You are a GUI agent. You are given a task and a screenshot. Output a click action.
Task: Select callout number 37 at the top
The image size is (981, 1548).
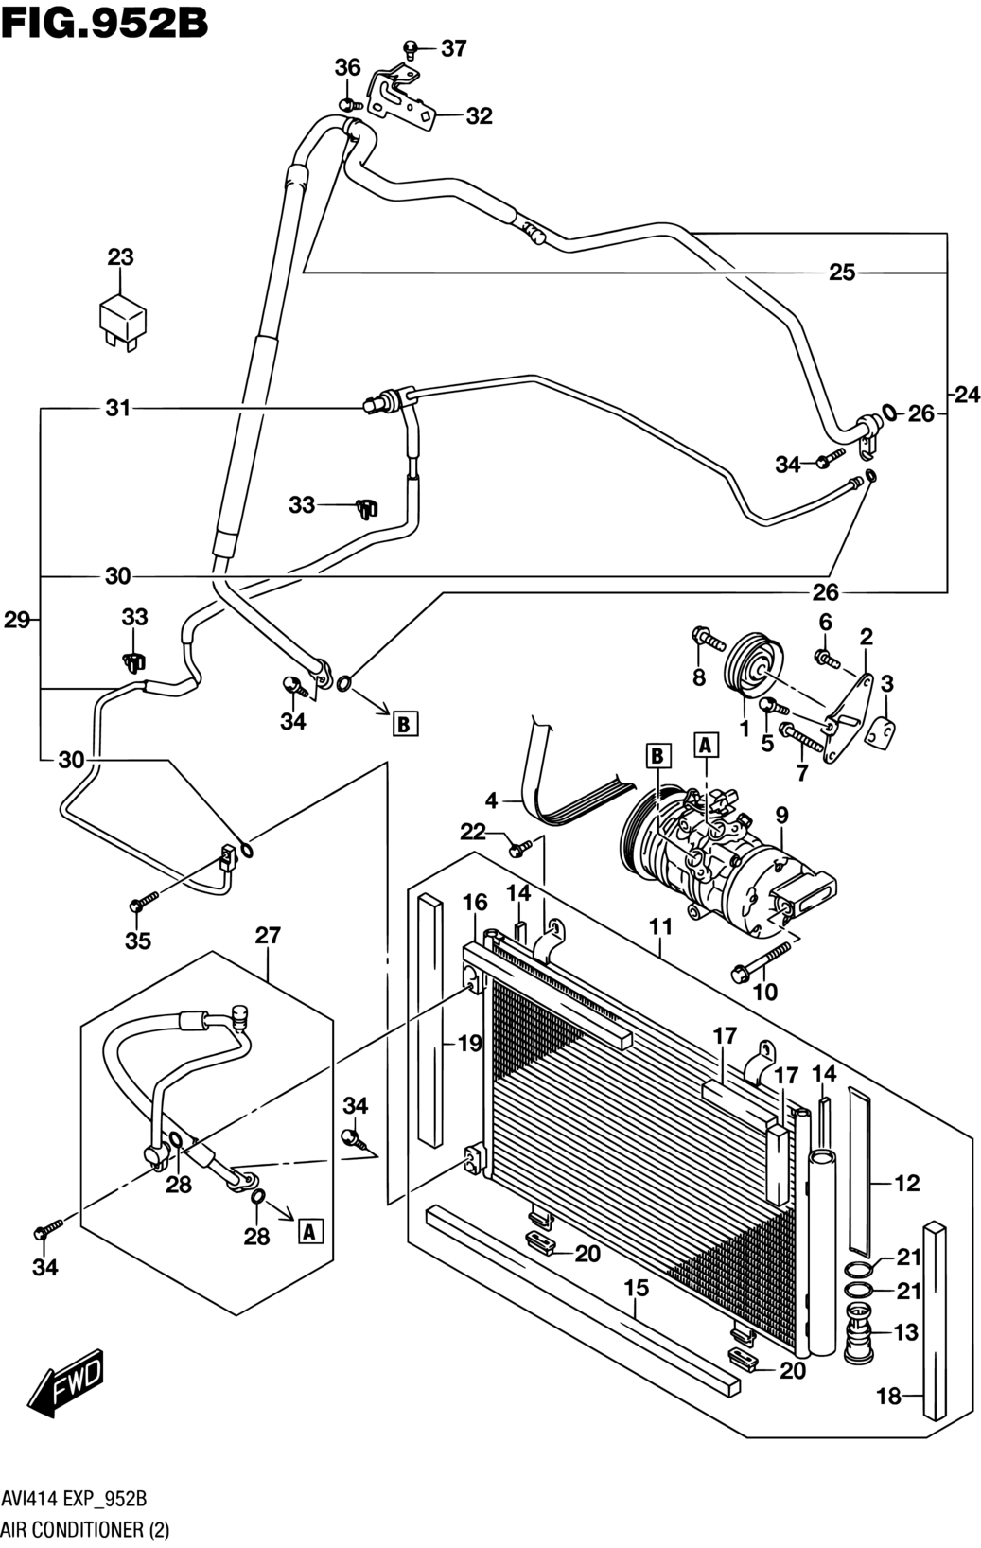click(454, 48)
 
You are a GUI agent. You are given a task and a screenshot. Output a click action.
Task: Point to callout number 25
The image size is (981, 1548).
click(842, 273)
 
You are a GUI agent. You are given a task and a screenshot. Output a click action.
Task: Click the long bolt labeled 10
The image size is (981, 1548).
click(760, 961)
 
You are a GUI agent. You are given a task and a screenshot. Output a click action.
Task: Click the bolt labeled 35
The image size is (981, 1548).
click(144, 901)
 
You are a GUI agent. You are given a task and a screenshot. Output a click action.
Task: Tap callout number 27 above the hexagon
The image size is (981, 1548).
click(268, 936)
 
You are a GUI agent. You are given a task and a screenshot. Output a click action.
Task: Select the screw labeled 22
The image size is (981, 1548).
click(520, 847)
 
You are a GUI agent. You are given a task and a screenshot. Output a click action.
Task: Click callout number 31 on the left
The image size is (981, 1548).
click(118, 409)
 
